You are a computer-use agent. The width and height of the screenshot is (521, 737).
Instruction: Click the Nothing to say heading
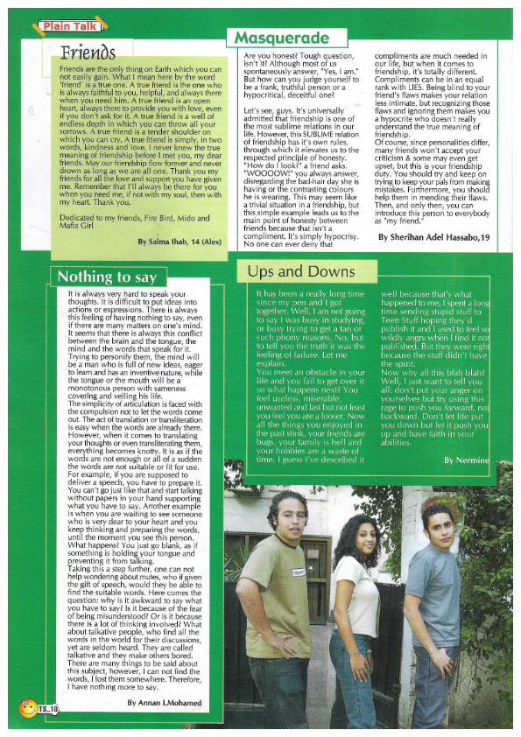point(106,277)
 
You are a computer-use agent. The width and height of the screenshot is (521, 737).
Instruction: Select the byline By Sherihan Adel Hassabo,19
point(433,237)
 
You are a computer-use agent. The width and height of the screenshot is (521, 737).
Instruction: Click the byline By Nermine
point(465,460)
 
